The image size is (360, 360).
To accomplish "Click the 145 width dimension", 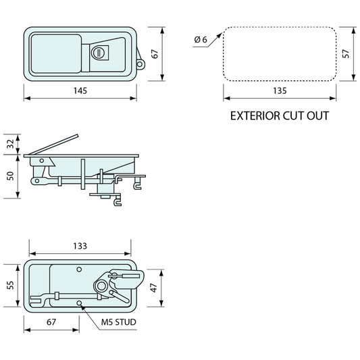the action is [80, 91].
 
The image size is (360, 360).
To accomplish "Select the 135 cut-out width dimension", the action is [280, 91].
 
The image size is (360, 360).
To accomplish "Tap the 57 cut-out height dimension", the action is [346, 53].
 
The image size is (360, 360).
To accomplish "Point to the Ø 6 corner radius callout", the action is [201, 39].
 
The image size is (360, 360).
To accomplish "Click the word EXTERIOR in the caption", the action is [255, 115].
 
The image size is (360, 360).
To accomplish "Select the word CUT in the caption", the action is [293, 115].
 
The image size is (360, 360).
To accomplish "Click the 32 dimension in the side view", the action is [11, 144].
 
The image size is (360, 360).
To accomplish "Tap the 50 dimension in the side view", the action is [11, 176].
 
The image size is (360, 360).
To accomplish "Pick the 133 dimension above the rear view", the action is [80, 246].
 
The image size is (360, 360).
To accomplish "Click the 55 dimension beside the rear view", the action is [11, 285].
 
